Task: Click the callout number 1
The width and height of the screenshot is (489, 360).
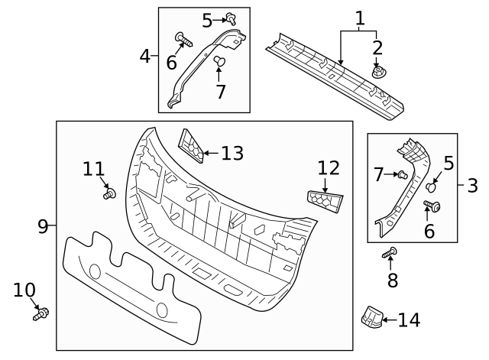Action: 359,18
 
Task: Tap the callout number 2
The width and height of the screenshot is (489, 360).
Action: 377,49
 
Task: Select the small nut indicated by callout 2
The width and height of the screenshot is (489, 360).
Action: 377,72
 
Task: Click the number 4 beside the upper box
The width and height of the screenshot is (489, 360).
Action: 145,56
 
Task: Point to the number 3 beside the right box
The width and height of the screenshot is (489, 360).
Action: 471,184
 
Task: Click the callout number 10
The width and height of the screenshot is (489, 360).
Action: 24,290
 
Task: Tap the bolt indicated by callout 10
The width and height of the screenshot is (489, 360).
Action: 40,312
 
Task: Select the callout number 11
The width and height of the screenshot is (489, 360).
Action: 93,169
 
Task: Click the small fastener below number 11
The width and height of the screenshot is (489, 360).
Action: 108,194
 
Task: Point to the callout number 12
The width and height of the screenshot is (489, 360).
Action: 328,167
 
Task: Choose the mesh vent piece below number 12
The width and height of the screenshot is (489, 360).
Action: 325,199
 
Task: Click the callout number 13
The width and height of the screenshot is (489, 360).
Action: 232,153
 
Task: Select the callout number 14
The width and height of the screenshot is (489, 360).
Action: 409,319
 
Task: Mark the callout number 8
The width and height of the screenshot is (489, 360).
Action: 393,280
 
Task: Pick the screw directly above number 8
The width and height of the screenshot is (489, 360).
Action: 390,253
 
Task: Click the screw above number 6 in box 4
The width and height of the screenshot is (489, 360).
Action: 181,36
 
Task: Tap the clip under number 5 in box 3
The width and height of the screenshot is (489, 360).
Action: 432,185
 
